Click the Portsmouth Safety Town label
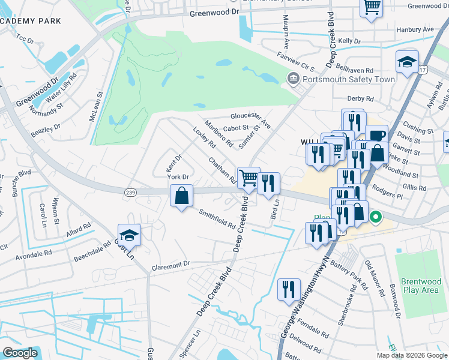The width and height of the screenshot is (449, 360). point(349,79)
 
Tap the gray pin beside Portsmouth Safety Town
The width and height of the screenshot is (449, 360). point(293,78)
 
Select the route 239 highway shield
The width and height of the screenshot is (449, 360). point(130,191)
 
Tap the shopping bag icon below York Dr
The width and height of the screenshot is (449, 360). point(181,196)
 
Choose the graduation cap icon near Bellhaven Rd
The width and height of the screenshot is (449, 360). point(407,62)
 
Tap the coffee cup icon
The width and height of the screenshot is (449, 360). point(376,136)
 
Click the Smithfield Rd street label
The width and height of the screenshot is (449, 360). point(217,219)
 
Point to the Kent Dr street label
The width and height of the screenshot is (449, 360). point(174,161)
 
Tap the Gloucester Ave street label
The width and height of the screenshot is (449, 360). point(251,116)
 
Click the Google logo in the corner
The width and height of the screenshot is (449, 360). point(20,353)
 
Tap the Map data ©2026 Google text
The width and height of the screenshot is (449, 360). point(412,355)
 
